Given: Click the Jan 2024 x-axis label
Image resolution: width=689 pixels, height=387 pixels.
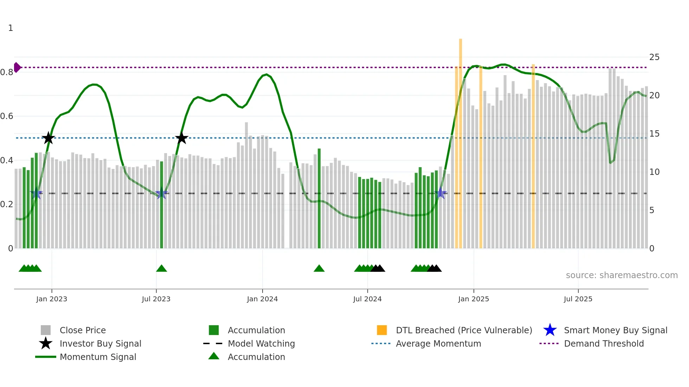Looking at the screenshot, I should pos(262,299).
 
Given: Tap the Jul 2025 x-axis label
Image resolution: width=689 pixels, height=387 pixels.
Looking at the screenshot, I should pos(578,299).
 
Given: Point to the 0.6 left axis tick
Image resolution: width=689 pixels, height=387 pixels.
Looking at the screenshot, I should pos(7,116).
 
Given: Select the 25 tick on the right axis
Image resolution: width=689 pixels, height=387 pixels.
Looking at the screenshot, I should pos(654,57).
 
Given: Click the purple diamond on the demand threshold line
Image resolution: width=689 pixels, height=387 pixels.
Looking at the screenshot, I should pos(17,67).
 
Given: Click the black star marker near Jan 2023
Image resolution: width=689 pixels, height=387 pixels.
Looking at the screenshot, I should pos(49,138).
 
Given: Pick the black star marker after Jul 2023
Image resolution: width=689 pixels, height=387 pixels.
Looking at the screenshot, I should pos(182,138).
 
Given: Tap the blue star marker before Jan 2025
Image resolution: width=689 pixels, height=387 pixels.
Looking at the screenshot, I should pos(440,193).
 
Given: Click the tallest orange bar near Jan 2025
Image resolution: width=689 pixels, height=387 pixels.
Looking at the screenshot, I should pos(461,140).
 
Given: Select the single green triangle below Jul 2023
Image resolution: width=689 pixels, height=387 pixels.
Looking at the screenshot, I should pos(161,269).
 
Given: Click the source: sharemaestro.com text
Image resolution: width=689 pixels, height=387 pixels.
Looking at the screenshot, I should pos(622,275).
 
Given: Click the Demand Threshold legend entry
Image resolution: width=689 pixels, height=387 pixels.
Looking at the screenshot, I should pos(604,343).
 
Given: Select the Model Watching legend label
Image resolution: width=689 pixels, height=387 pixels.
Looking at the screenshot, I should pos(261,343).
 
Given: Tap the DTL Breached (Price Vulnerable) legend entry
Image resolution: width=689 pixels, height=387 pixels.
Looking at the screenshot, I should pos(464,330).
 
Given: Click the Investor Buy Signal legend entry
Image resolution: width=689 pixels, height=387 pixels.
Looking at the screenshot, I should pos(100,343).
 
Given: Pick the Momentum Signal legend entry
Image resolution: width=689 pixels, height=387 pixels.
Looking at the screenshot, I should pos(98,357).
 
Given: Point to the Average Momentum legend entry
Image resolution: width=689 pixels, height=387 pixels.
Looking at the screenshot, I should pos(438,343).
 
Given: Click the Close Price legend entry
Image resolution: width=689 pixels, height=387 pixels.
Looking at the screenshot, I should pos(83,330).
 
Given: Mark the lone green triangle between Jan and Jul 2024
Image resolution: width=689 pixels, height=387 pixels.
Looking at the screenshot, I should pos(319,269).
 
